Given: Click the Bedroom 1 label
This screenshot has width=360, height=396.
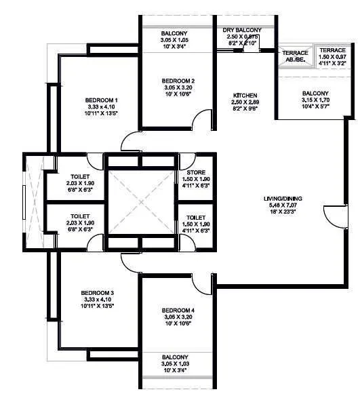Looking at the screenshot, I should (101, 100).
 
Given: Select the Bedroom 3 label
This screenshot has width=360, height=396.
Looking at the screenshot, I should (99, 292).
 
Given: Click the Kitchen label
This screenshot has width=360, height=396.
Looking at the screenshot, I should (242, 95).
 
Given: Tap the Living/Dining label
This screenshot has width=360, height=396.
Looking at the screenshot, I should (283, 199).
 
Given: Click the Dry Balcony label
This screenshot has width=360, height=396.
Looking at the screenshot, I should (242, 31).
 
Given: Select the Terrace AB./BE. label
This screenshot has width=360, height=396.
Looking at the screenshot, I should (296, 53).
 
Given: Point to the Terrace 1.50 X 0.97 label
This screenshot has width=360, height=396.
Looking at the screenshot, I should (333, 51).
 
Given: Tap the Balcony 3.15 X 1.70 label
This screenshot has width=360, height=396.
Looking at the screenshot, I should (315, 94).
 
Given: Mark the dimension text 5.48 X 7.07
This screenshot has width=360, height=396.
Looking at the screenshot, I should (283, 205).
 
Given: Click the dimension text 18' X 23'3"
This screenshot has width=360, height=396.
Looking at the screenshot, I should (283, 212).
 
